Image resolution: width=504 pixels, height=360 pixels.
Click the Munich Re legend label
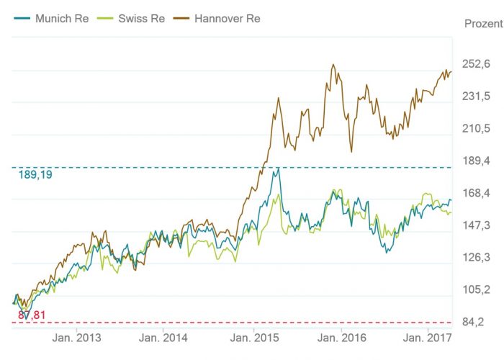pyautogui.click(x=61, y=18)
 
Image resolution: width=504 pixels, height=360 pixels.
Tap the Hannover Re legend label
pyautogui.click(x=228, y=18)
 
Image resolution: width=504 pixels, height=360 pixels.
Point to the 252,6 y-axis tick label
pyautogui.click(x=476, y=65)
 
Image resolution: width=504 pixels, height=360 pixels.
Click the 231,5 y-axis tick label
pyautogui.click(x=476, y=96)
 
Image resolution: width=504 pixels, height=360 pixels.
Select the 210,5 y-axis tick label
pyautogui.click(x=476, y=129)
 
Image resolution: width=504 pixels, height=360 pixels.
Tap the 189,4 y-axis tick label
pyautogui.click(x=476, y=161)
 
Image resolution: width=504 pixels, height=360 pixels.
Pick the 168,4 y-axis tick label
pyautogui.click(x=476, y=193)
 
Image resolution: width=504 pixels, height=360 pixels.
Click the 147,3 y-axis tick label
pyautogui.click(x=476, y=225)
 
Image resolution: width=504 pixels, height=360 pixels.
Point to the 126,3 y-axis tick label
pyautogui.click(x=476, y=257)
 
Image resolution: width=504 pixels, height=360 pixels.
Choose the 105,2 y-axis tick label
pyautogui.click(x=476, y=289)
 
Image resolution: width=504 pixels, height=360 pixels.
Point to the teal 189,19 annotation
pyautogui.click(x=35, y=175)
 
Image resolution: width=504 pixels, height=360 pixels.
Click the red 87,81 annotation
pyautogui.click(x=32, y=315)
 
